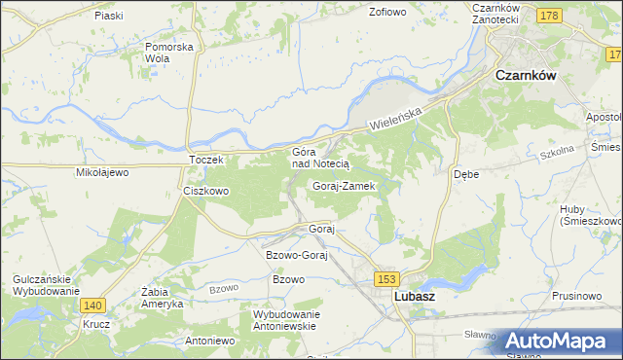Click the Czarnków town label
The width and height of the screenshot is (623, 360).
[x=532, y=74]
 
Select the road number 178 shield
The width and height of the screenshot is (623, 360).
[x=550, y=16]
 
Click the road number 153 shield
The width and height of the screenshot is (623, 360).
[x=385, y=279]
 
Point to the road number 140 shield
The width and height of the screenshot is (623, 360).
[x=93, y=305]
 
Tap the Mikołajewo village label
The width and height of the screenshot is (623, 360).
[x=102, y=172]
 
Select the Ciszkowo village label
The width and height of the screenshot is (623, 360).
[x=206, y=191]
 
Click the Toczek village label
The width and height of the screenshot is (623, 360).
[x=206, y=159]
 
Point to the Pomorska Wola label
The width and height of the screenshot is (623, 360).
[x=169, y=52]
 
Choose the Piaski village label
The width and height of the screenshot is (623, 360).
[x=109, y=16]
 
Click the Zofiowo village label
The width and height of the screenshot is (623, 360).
[x=386, y=13]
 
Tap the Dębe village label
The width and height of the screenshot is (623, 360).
[x=466, y=175]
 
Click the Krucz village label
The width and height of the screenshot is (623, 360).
[x=94, y=324]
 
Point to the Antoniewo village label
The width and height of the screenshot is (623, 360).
[x=210, y=342]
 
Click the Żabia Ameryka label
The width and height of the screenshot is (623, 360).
[x=163, y=297]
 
